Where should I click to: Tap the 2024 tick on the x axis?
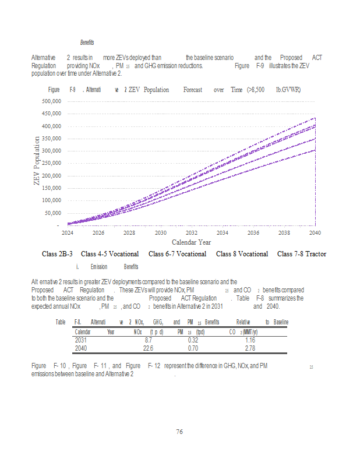[68, 232]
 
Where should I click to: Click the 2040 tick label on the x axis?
[315, 232]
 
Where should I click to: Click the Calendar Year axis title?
[191, 242]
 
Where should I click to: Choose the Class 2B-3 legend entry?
[57, 254]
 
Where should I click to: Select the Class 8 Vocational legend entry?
[242, 254]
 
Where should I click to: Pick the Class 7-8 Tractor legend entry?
[302, 254]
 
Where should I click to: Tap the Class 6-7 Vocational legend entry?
[177, 254]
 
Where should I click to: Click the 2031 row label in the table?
[82, 340]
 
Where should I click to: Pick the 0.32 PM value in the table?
[193, 340]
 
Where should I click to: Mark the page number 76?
[180, 432]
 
